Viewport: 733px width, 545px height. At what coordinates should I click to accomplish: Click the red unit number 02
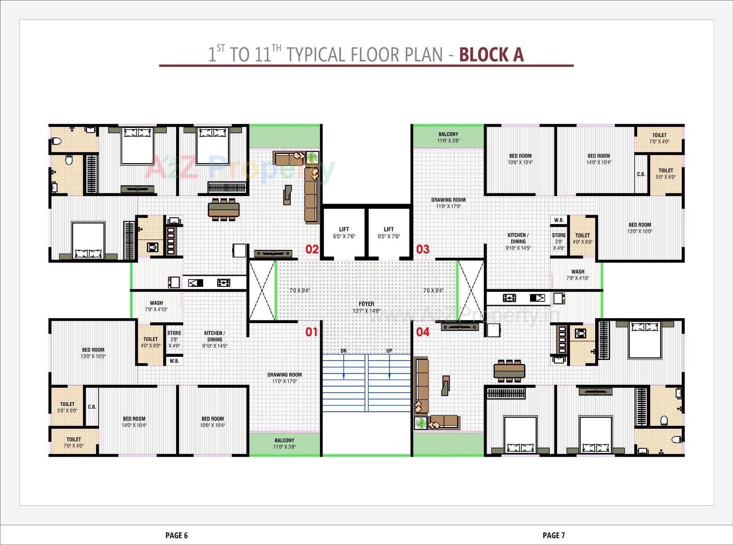[312, 249]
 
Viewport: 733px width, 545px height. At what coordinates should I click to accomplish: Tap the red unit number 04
[423, 332]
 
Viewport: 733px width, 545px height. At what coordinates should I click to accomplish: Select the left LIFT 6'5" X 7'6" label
[344, 233]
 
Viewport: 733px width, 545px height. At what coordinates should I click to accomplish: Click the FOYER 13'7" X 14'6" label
[366, 307]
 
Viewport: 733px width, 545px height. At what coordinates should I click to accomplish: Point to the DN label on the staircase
[344, 351]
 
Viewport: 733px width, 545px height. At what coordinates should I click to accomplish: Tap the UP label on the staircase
[389, 351]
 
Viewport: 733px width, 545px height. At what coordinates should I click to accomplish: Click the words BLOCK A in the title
[491, 55]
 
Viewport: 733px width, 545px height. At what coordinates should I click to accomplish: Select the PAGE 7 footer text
[553, 535]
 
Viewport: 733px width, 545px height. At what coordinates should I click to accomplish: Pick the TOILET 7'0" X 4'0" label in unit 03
[659, 138]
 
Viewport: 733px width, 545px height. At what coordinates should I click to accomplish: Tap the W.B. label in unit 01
[174, 361]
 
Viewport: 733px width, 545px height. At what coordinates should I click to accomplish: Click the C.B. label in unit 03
[641, 174]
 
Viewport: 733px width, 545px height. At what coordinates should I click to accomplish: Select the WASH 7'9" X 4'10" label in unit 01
[156, 306]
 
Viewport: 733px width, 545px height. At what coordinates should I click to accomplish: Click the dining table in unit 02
[224, 209]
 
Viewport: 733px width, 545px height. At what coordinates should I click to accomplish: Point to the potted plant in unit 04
[421, 423]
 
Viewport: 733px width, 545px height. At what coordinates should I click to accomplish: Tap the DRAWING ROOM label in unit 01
[284, 378]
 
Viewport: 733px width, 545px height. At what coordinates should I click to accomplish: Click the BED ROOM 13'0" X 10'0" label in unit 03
[640, 228]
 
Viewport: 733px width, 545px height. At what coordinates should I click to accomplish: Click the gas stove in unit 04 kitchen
[510, 298]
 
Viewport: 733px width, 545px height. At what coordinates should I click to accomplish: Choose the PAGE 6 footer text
[176, 535]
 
